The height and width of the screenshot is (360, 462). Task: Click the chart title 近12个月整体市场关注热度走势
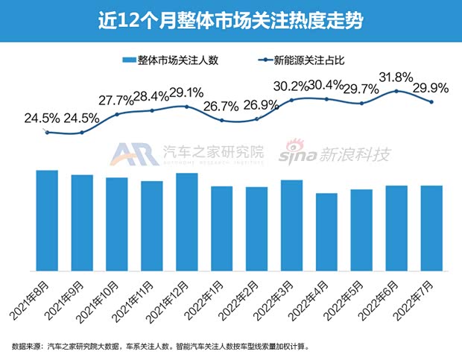(230, 20)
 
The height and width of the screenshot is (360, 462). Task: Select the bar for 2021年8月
(47, 221)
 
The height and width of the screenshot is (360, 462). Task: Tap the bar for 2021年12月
(187, 222)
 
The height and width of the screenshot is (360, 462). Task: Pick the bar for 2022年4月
(327, 232)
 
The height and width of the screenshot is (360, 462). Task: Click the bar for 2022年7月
(431, 228)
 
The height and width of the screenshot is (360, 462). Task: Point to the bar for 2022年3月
(292, 225)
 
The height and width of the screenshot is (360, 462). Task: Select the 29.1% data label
(186, 93)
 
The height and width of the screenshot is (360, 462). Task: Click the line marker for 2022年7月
(431, 102)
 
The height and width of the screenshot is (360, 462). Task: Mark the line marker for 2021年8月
(47, 132)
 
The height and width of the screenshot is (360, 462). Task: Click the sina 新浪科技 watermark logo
(335, 155)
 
